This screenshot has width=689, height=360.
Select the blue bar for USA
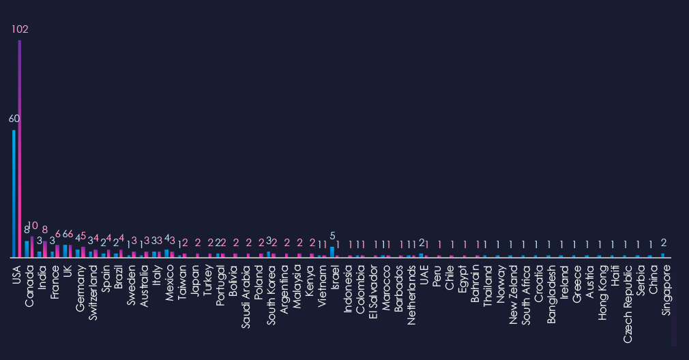(14, 194)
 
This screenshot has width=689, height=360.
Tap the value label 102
(20, 29)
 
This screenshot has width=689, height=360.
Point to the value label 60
(14, 119)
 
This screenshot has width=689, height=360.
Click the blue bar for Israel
(332, 252)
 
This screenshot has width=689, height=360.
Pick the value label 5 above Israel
(332, 236)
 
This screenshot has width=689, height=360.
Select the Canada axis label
(29, 284)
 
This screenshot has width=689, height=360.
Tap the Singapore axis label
(666, 289)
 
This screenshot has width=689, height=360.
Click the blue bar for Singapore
(662, 255)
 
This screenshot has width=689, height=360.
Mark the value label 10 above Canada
(33, 226)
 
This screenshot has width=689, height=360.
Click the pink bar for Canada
(32, 246)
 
